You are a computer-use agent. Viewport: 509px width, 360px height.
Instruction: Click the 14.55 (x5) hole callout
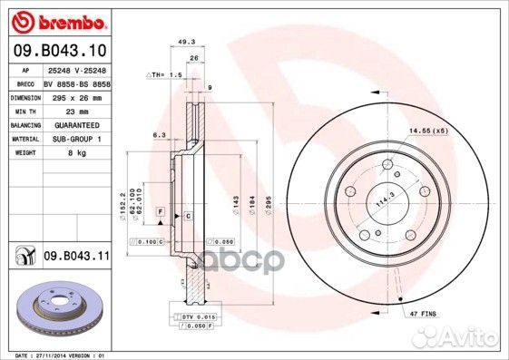click(429, 131)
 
